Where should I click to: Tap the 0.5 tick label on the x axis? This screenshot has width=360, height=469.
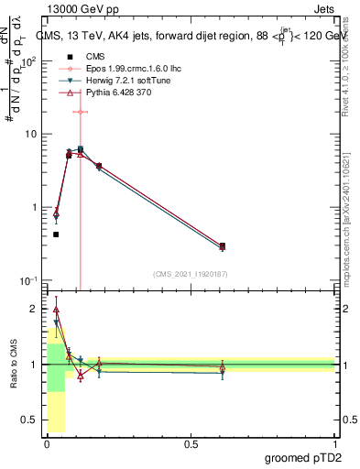191,444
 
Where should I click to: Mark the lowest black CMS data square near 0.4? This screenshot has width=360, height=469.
56,234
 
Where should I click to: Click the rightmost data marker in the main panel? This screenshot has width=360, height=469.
223,245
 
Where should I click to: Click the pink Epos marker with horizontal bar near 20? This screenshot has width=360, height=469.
81,112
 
